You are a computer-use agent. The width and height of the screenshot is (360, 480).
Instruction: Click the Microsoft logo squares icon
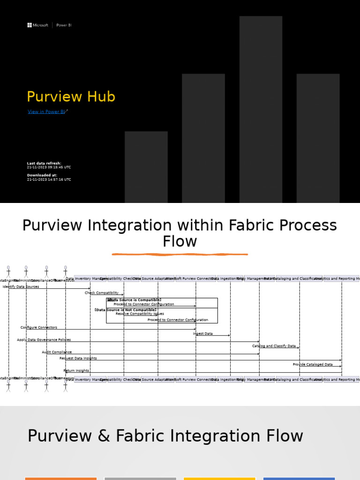click(29, 25)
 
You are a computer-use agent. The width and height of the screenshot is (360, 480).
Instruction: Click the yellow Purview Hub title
click(71, 97)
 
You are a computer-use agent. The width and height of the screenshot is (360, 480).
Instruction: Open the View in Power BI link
click(46, 112)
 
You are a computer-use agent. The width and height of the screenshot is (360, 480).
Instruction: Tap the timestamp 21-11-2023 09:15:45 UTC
click(49, 167)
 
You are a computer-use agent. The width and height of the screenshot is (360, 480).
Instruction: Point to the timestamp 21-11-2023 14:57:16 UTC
click(49, 180)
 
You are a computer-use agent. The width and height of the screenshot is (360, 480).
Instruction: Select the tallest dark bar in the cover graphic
click(261, 108)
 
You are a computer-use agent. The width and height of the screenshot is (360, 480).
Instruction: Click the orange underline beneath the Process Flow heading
click(180, 255)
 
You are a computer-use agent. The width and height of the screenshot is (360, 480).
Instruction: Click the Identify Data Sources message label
click(21, 286)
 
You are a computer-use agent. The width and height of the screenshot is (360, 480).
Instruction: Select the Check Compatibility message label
click(102, 293)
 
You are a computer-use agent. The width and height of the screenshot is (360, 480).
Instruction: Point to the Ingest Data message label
click(203, 334)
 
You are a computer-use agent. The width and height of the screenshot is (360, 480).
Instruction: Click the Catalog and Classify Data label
click(274, 346)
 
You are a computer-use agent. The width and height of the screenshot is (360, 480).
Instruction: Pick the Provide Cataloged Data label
click(313, 364)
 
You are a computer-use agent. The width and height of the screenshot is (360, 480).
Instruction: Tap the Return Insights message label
click(76, 371)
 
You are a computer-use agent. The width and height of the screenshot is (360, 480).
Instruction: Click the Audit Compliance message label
click(57, 352)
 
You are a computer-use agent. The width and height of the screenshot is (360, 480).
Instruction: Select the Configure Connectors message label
click(39, 327)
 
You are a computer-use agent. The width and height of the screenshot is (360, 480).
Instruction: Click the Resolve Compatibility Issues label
click(140, 314)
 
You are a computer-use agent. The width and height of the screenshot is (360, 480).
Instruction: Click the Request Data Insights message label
click(78, 358)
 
